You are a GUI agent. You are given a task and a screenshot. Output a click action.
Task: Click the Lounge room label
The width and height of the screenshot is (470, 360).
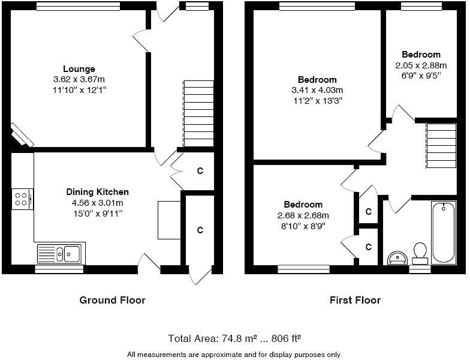[79, 69]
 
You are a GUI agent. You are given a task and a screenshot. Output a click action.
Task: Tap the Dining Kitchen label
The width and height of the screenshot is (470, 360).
[97, 192]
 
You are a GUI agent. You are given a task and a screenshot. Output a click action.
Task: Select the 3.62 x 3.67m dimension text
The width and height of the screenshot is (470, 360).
[79, 79]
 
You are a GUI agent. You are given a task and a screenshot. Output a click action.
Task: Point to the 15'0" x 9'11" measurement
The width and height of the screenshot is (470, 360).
[97, 213]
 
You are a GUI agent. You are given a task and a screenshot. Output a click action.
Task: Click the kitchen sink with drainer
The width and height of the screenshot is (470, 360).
[61, 254]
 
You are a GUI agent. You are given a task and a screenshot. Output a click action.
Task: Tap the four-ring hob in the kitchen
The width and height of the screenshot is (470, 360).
[22, 199]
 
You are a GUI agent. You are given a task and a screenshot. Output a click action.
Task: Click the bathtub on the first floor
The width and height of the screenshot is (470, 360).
[444, 233]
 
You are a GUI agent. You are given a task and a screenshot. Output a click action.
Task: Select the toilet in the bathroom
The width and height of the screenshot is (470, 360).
[420, 253]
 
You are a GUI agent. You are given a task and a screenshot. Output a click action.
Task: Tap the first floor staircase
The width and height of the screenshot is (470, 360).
[441, 146]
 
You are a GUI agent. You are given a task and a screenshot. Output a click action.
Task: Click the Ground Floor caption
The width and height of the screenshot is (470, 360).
[112, 300]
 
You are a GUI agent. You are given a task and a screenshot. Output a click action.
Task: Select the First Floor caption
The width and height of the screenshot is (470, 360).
[355, 300]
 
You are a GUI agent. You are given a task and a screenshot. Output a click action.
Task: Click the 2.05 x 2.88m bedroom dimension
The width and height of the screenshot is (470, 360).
[421, 65]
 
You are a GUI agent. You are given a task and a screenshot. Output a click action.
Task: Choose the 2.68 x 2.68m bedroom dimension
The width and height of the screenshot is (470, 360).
[303, 215]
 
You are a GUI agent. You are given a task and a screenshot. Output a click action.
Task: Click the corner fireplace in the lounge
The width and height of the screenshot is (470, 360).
[22, 136]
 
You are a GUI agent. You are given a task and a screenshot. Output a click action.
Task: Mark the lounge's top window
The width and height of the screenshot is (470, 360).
[78, 6]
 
